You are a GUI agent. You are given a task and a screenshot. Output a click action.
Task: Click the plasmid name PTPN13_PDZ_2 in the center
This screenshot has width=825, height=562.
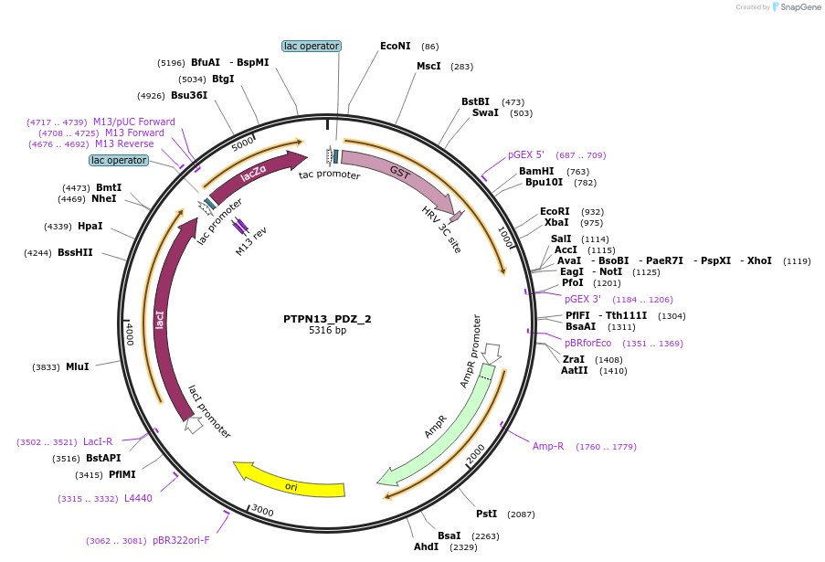tap(327, 319)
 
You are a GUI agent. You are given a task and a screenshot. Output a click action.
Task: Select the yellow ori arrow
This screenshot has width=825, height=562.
tap(291, 482)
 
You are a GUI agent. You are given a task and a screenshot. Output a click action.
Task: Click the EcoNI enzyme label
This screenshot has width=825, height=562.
tap(396, 46)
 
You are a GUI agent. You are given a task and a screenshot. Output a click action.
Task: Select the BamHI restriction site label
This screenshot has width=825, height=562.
tap(536, 171)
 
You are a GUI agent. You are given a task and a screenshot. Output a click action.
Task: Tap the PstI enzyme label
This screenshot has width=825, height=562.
tap(486, 514)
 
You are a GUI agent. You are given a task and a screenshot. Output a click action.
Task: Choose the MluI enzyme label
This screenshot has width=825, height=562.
tap(78, 366)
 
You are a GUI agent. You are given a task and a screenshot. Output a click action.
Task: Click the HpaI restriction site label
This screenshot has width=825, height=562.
tap(90, 226)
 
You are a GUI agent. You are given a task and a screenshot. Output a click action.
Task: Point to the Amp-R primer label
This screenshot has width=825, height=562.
tap(548, 446)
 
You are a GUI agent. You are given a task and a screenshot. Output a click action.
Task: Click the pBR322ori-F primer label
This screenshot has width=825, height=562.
tap(181, 540)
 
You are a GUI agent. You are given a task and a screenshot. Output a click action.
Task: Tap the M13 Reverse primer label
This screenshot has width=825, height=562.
tap(124, 143)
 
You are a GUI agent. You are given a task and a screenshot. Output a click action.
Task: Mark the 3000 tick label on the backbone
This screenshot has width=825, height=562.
tap(263, 510)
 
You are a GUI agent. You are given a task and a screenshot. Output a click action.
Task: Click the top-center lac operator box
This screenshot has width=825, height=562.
tap(311, 46)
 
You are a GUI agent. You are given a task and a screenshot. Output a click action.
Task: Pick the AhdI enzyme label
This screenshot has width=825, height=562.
tap(426, 546)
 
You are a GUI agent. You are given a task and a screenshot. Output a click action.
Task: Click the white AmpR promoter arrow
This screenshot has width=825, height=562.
tap(492, 353)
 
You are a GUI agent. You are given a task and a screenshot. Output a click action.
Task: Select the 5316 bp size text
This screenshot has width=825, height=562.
tap(327, 331)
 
